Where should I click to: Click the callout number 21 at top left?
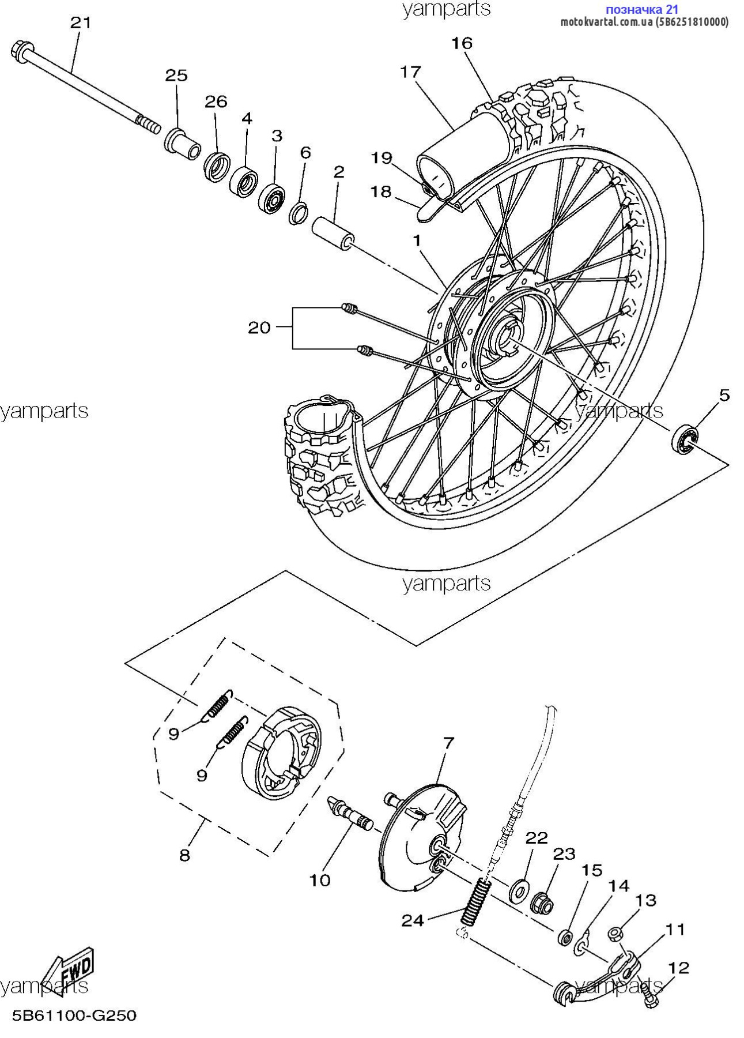81,23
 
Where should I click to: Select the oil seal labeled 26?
217,166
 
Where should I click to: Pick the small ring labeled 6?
300,213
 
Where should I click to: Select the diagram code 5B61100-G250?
74,1014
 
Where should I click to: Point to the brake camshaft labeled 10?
350,812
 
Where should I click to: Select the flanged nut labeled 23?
542,903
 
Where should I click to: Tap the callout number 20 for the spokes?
259,328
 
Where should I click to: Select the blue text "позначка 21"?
641,9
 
